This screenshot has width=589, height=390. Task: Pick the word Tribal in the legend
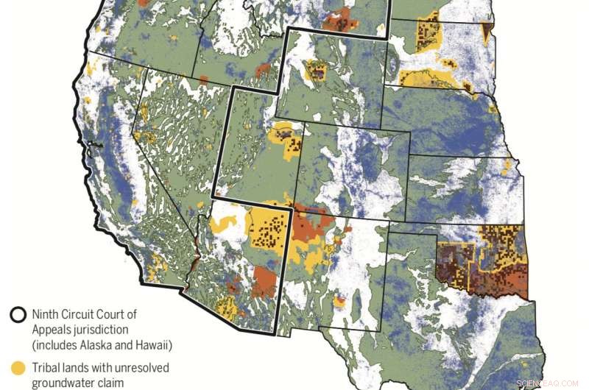pos(46,366)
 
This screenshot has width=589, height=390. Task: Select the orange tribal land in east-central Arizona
pos(264,281)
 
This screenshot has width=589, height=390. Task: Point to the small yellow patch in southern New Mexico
pos(339,302)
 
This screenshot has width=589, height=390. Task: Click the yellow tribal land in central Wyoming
pos(317,71)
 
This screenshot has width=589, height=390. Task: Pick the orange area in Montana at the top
pos(340,20)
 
